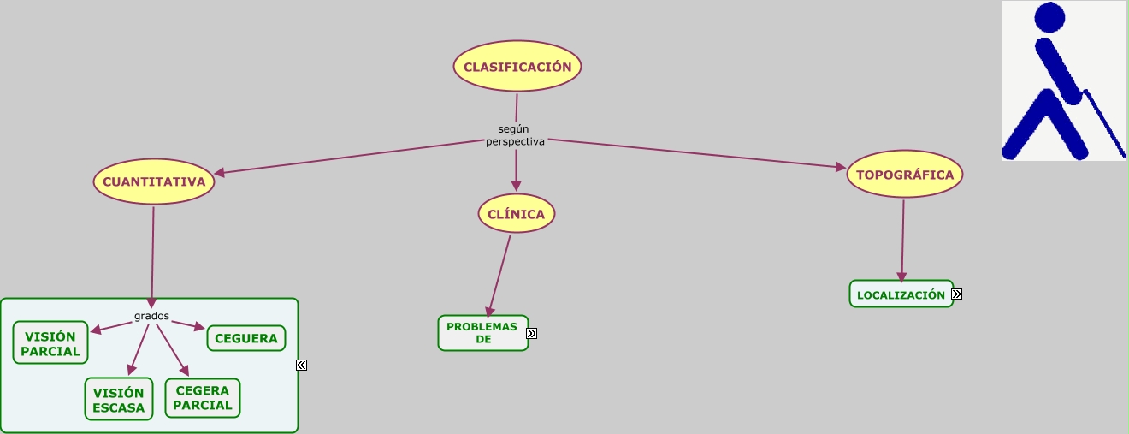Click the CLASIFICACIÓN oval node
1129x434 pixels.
tap(517, 66)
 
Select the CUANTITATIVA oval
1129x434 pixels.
tap(154, 181)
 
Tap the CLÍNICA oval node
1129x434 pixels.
tap(517, 214)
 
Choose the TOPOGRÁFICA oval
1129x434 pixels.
tap(905, 175)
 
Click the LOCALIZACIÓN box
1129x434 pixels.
tap(901, 294)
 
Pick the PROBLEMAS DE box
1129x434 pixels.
tap(482, 333)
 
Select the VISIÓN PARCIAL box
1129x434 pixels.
tap(50, 343)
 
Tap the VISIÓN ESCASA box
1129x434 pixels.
tap(119, 400)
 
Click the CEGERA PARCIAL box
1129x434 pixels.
tap(203, 398)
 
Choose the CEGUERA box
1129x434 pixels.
tap(246, 338)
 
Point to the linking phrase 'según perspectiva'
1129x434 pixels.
tap(515, 135)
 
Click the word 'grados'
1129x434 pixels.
tap(151, 316)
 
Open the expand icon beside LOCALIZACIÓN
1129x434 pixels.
tap(957, 294)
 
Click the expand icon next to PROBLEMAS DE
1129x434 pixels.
tap(532, 334)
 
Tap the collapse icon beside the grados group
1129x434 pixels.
tap(302, 366)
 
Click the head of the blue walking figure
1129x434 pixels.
tap(1049, 17)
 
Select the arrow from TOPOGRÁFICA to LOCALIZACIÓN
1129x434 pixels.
tap(902, 240)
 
